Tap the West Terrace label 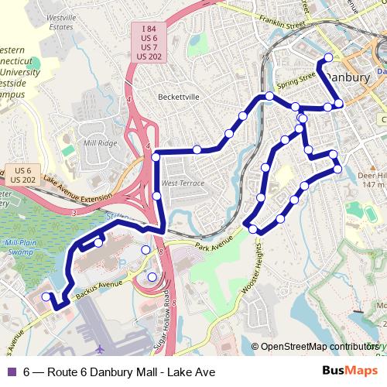click(x=183, y=183)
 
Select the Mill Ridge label click(x=101, y=143)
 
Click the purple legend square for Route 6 click(x=12, y=372)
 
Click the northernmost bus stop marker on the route click(x=328, y=57)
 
